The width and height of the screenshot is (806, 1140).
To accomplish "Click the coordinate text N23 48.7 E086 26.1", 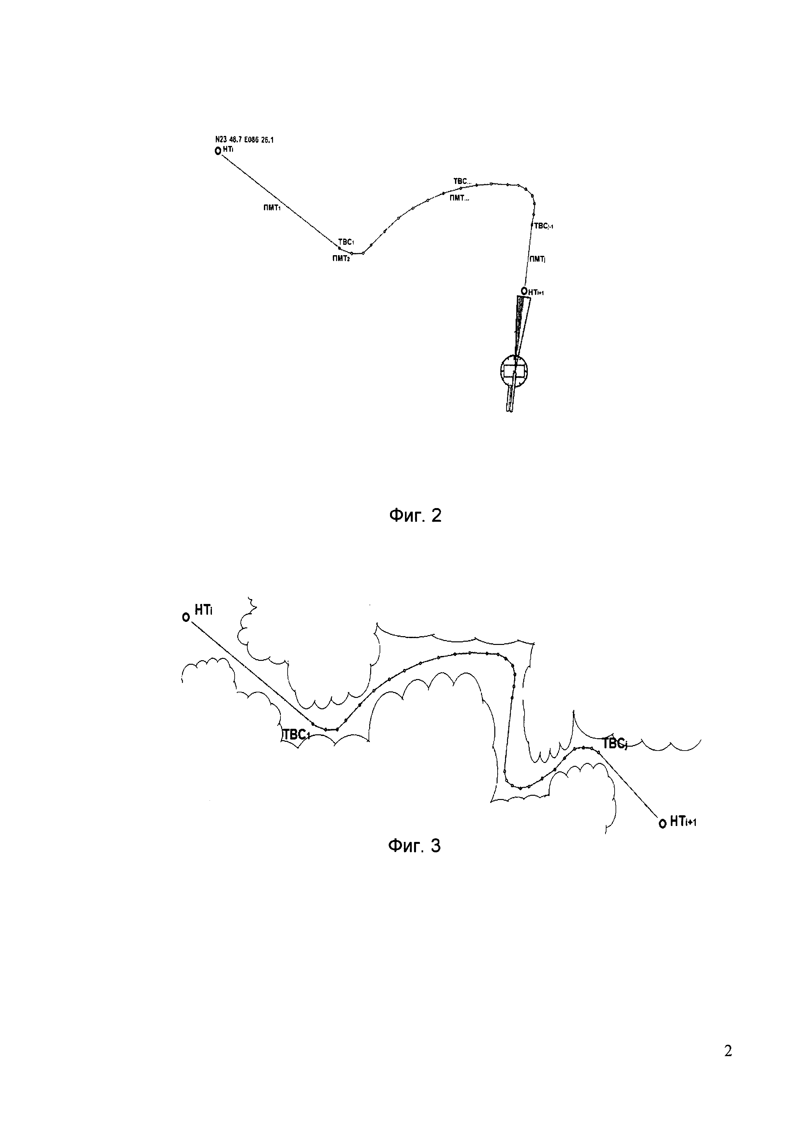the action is tap(244, 140).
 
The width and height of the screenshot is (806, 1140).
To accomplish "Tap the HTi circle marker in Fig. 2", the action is tap(217, 151).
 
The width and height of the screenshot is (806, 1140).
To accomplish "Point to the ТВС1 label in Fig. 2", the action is tap(346, 242).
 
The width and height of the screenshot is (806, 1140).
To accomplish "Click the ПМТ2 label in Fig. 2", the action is tap(341, 258).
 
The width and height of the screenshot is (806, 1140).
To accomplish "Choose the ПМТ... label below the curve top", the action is tap(459, 198).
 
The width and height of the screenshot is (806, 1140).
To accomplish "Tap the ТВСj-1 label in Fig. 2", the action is tap(543, 226).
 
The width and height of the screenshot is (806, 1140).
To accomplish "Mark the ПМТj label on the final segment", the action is tap(538, 259).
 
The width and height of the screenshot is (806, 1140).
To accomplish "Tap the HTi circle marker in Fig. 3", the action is tap(186, 617).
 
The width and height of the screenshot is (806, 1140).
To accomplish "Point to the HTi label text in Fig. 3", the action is tap(203, 610).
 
